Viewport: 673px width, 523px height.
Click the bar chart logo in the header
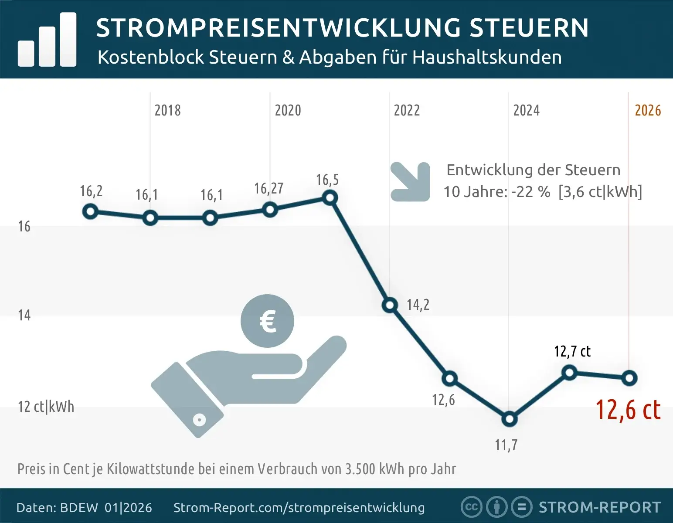point(47,40)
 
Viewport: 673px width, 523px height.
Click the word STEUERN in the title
point(529,28)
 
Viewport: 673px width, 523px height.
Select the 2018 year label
point(167,111)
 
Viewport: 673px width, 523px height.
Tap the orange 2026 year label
point(648,111)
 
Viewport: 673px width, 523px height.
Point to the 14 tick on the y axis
point(24,315)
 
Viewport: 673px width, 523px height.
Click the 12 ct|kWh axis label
point(46,407)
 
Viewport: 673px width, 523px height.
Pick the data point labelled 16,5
point(330,198)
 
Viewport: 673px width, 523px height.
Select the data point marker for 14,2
point(390,305)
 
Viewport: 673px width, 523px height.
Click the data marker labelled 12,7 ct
point(569,373)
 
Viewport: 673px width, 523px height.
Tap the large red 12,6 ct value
point(628,410)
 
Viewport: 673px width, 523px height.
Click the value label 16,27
point(269,188)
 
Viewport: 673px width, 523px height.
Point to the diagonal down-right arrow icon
point(410,182)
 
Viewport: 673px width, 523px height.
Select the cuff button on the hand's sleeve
point(199,420)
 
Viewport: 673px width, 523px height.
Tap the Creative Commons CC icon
point(471,507)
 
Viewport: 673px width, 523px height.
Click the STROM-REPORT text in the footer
point(600,507)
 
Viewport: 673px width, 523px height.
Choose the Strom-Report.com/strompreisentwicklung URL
point(299,508)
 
